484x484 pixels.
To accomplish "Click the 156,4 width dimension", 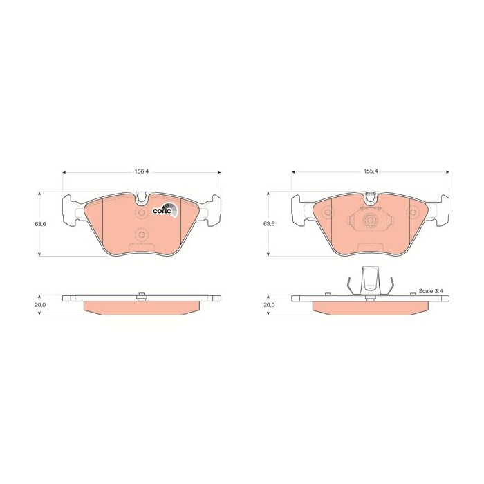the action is coord(141,171).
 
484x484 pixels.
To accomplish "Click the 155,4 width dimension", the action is coord(371,171).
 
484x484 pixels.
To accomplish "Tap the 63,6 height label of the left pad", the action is coord(40,224).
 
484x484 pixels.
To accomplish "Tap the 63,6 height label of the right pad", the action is coord(269,224).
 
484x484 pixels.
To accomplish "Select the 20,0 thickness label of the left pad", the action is coord(40,305).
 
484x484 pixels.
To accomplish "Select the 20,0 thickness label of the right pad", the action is coord(269,305).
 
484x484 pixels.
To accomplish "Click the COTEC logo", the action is coord(165,210).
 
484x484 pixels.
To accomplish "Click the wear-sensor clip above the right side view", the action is coord(370,279).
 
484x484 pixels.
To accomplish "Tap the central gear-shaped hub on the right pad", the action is coord(370,221).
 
